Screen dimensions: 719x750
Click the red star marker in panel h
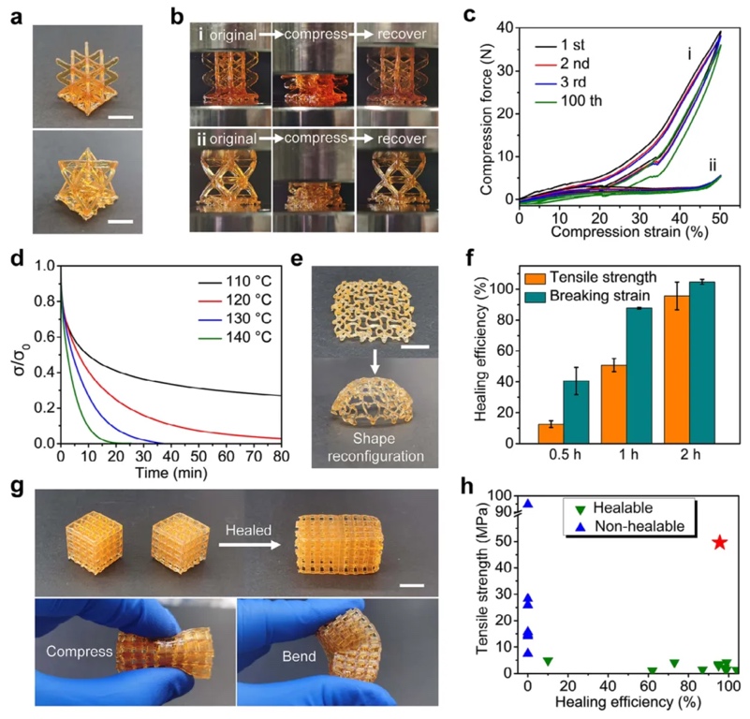(x=719, y=542)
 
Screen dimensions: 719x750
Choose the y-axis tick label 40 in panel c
(x=506, y=29)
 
